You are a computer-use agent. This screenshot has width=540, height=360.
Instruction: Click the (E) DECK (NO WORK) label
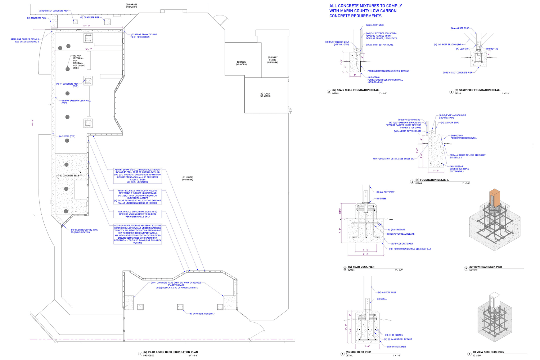pyautogui.click(x=241, y=63)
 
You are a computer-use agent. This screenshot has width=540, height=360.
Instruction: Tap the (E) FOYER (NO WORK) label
pyautogui.click(x=265, y=95)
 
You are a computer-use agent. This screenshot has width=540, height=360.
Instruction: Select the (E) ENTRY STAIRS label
pyautogui.click(x=273, y=60)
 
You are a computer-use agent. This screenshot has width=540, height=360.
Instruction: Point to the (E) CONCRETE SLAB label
pyautogui.click(x=69, y=176)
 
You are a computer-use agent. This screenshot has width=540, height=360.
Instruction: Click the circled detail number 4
pyautogui.click(x=413, y=181)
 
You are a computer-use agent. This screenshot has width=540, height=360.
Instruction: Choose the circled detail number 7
pyautogui.click(x=466, y=269)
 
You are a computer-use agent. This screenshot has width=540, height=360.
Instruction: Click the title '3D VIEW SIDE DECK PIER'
pyautogui.click(x=488, y=352)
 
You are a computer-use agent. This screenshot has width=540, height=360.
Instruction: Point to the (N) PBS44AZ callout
pyautogui.click(x=492, y=49)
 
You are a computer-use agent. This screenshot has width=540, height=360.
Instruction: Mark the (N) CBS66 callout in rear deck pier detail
pyautogui.click(x=381, y=198)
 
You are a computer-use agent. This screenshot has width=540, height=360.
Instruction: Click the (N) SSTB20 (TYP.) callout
pyautogui.click(x=67, y=136)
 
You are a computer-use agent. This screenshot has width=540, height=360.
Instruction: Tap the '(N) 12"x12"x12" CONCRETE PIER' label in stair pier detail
pyautogui.click(x=457, y=72)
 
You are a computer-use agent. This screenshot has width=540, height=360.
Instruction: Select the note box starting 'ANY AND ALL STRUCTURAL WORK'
pyautogui.click(x=138, y=214)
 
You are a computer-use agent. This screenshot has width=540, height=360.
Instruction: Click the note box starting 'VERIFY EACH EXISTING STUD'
pyautogui.click(x=138, y=197)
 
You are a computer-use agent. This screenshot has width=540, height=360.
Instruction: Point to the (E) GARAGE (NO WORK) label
pyautogui.click(x=131, y=6)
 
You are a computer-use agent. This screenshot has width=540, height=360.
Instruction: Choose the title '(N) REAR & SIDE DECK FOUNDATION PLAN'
pyautogui.click(x=170, y=352)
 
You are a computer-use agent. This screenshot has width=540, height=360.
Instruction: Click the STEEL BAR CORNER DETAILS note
pyautogui.click(x=24, y=40)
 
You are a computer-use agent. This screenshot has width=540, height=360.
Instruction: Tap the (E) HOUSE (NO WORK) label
pyautogui.click(x=188, y=178)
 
